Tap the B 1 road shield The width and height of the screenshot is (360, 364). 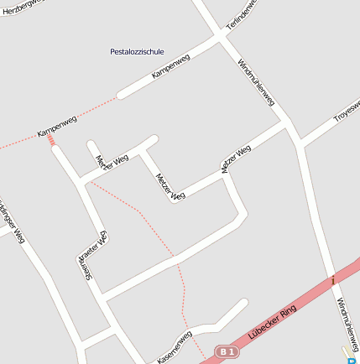227,352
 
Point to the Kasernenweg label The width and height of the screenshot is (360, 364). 175,346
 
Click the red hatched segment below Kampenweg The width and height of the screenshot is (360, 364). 53,142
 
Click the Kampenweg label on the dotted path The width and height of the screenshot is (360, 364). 56,127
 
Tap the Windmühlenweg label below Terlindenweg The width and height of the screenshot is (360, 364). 257,81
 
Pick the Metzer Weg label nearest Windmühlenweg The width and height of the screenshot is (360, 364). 236,159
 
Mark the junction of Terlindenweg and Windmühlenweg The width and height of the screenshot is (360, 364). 223,35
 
